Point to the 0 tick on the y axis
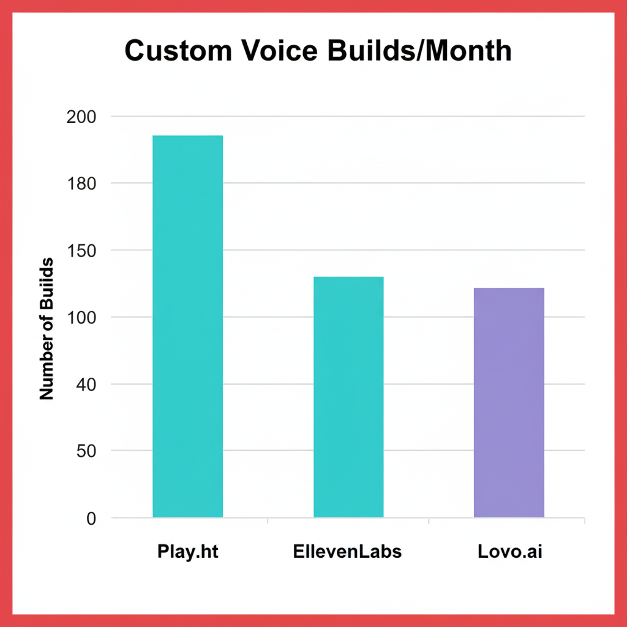91,519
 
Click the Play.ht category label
187,552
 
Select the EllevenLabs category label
347,551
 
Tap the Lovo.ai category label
510,551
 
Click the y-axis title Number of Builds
47,329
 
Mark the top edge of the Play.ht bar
187,136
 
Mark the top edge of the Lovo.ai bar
509,288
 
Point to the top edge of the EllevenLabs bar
348,277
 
